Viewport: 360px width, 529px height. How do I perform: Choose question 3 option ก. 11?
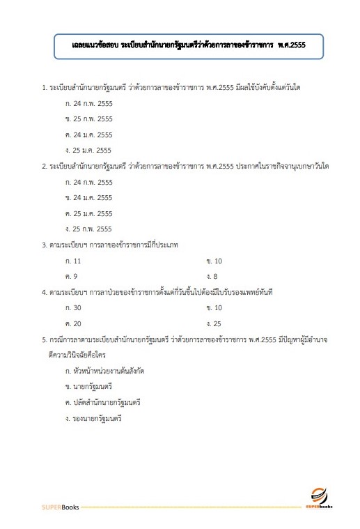click(72, 260)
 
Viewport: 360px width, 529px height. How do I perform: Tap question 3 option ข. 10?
click(214, 260)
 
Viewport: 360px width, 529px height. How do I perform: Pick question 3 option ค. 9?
click(70, 276)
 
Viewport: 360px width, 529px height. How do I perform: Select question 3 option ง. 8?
click(212, 276)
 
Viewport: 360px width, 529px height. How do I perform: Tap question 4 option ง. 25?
click(214, 323)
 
